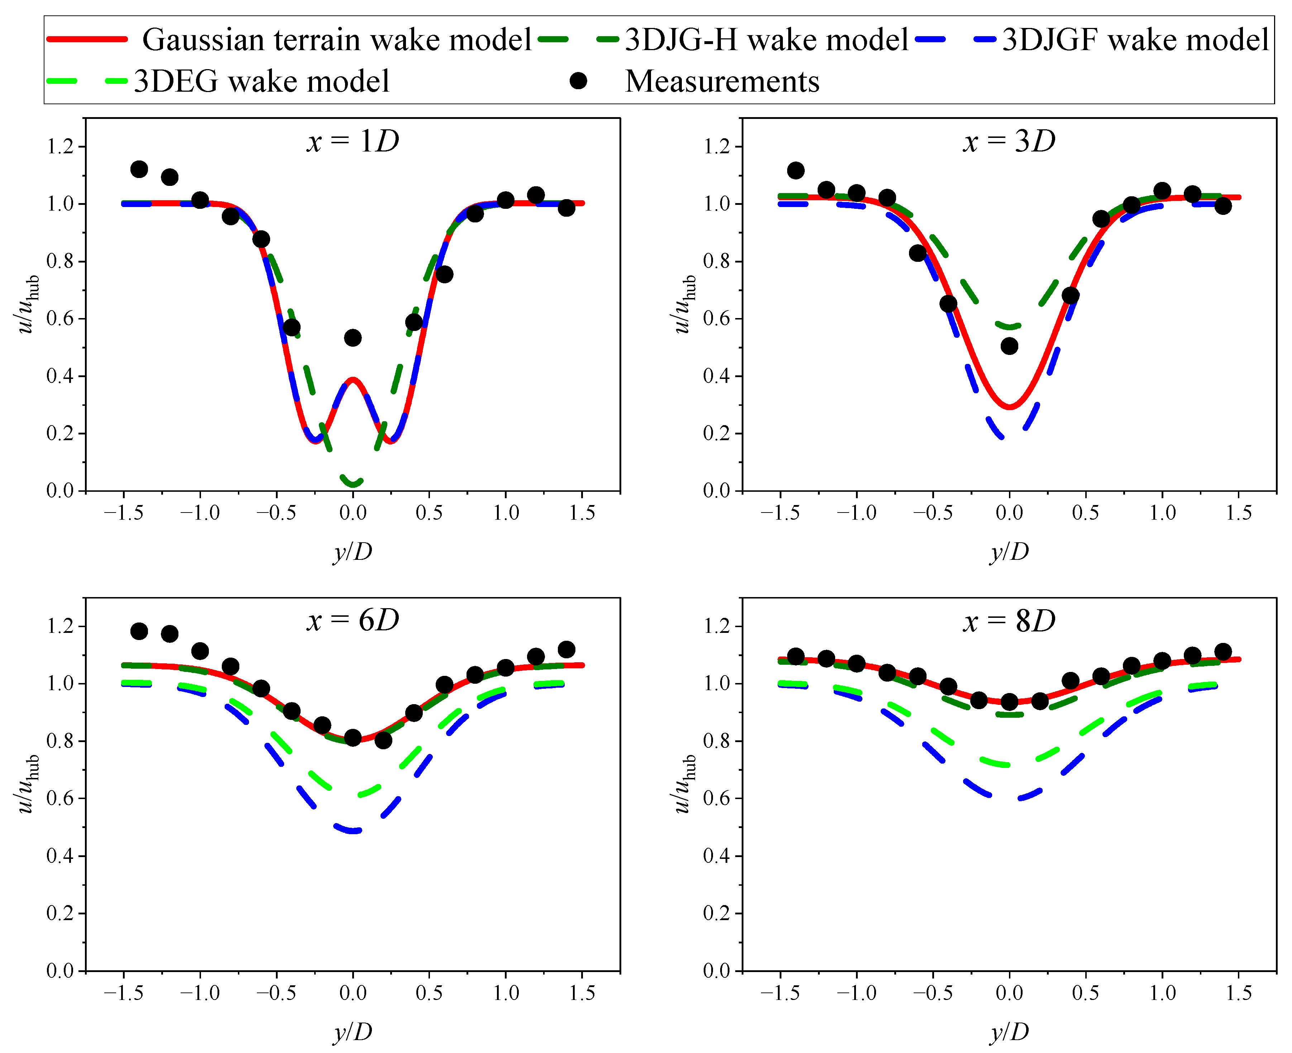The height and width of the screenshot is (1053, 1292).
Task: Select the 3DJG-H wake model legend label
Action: [766, 40]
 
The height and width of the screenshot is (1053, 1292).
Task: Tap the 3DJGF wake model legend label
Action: [1135, 40]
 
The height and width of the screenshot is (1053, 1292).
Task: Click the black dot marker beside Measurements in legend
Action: [578, 81]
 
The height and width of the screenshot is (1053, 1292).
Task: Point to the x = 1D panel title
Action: [353, 142]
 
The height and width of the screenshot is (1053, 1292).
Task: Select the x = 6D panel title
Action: [353, 620]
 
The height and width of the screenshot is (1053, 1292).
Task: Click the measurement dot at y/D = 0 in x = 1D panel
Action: [353, 338]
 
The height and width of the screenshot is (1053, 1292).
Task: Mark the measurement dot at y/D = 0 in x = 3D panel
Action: [1009, 346]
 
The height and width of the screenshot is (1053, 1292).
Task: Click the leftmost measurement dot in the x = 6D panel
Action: [139, 631]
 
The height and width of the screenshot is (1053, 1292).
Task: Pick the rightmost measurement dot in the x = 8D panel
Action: [1223, 652]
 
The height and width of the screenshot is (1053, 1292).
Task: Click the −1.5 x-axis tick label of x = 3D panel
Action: [779, 513]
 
